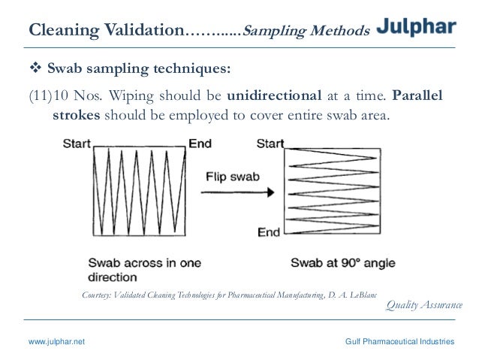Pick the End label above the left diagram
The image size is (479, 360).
(x=200, y=143)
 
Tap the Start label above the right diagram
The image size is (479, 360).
(x=270, y=143)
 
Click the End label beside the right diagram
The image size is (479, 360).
(x=268, y=231)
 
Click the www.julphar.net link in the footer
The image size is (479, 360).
(x=56, y=341)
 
